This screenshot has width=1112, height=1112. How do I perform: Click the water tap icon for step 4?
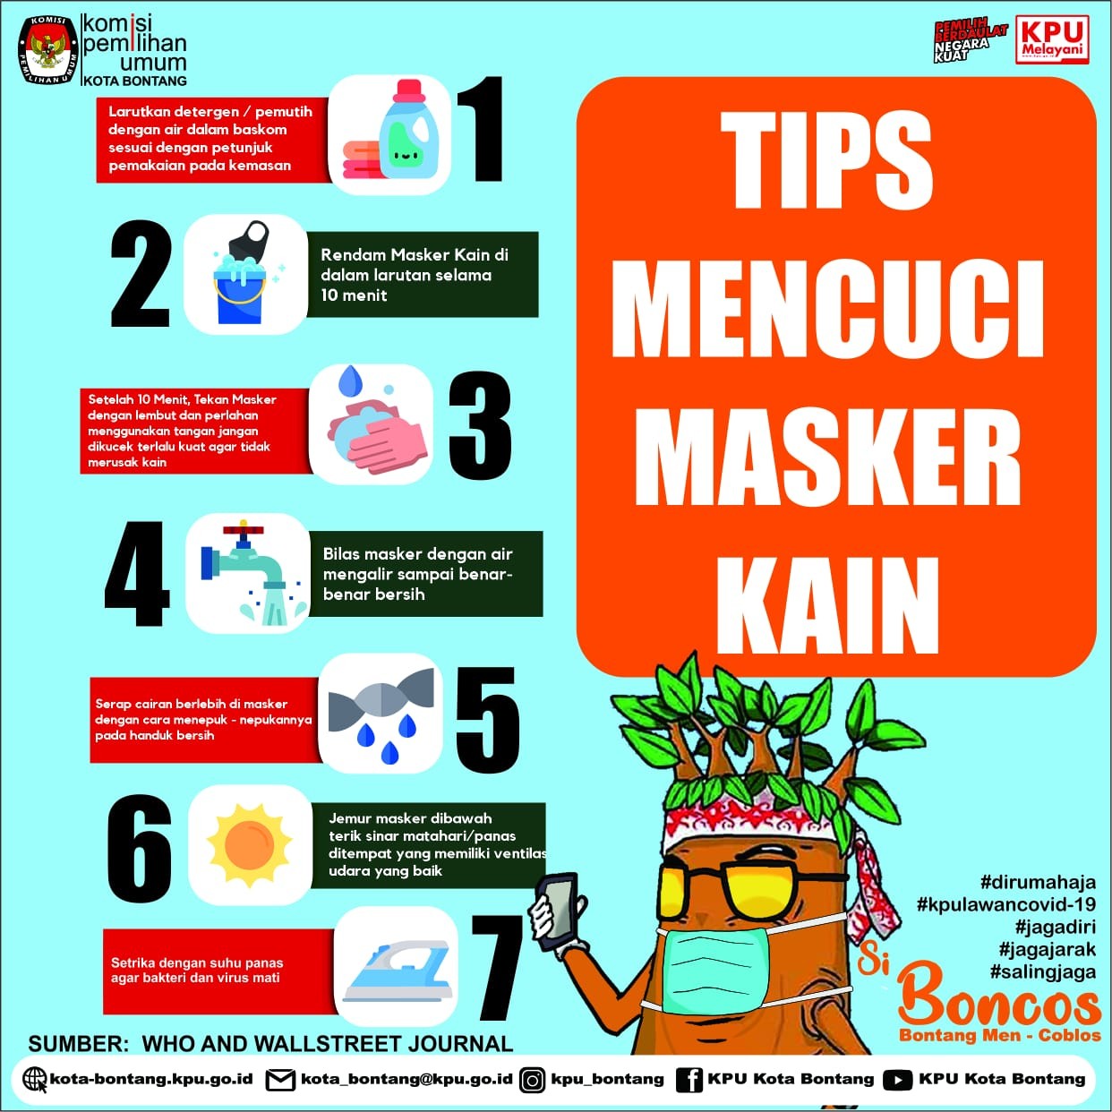point(248,573)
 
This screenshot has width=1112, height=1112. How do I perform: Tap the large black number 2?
point(141,273)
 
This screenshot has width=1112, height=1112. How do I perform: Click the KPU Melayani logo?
point(1052,39)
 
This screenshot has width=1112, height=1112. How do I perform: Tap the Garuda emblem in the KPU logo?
point(47,51)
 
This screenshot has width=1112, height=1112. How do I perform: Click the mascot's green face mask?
point(715,970)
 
